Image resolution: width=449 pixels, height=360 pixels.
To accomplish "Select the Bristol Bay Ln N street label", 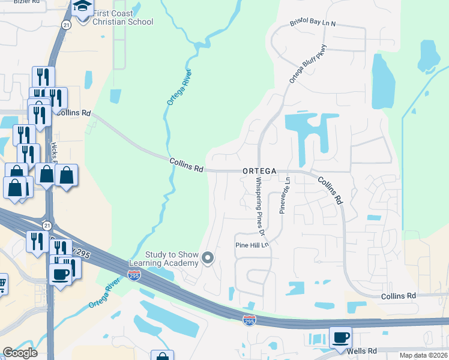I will pyautogui.click(x=313, y=23).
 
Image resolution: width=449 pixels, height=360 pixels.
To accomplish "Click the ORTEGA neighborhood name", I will pyautogui.click(x=259, y=171).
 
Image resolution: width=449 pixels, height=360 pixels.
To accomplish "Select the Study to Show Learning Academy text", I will pyautogui.click(x=163, y=259).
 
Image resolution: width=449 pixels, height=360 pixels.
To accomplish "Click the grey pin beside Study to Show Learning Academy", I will pyautogui.click(x=208, y=259).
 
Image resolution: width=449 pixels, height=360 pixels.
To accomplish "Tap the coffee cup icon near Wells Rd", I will pyautogui.click(x=340, y=337).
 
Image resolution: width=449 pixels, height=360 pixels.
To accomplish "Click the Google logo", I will pyautogui.click(x=20, y=353).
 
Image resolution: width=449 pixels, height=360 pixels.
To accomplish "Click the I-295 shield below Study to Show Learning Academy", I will pyautogui.click(x=134, y=275).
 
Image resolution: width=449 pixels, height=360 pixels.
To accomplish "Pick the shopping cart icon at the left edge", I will pyautogui.click(x=2, y=283).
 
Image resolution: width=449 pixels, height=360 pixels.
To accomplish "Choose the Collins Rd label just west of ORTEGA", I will pyautogui.click(x=186, y=164).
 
